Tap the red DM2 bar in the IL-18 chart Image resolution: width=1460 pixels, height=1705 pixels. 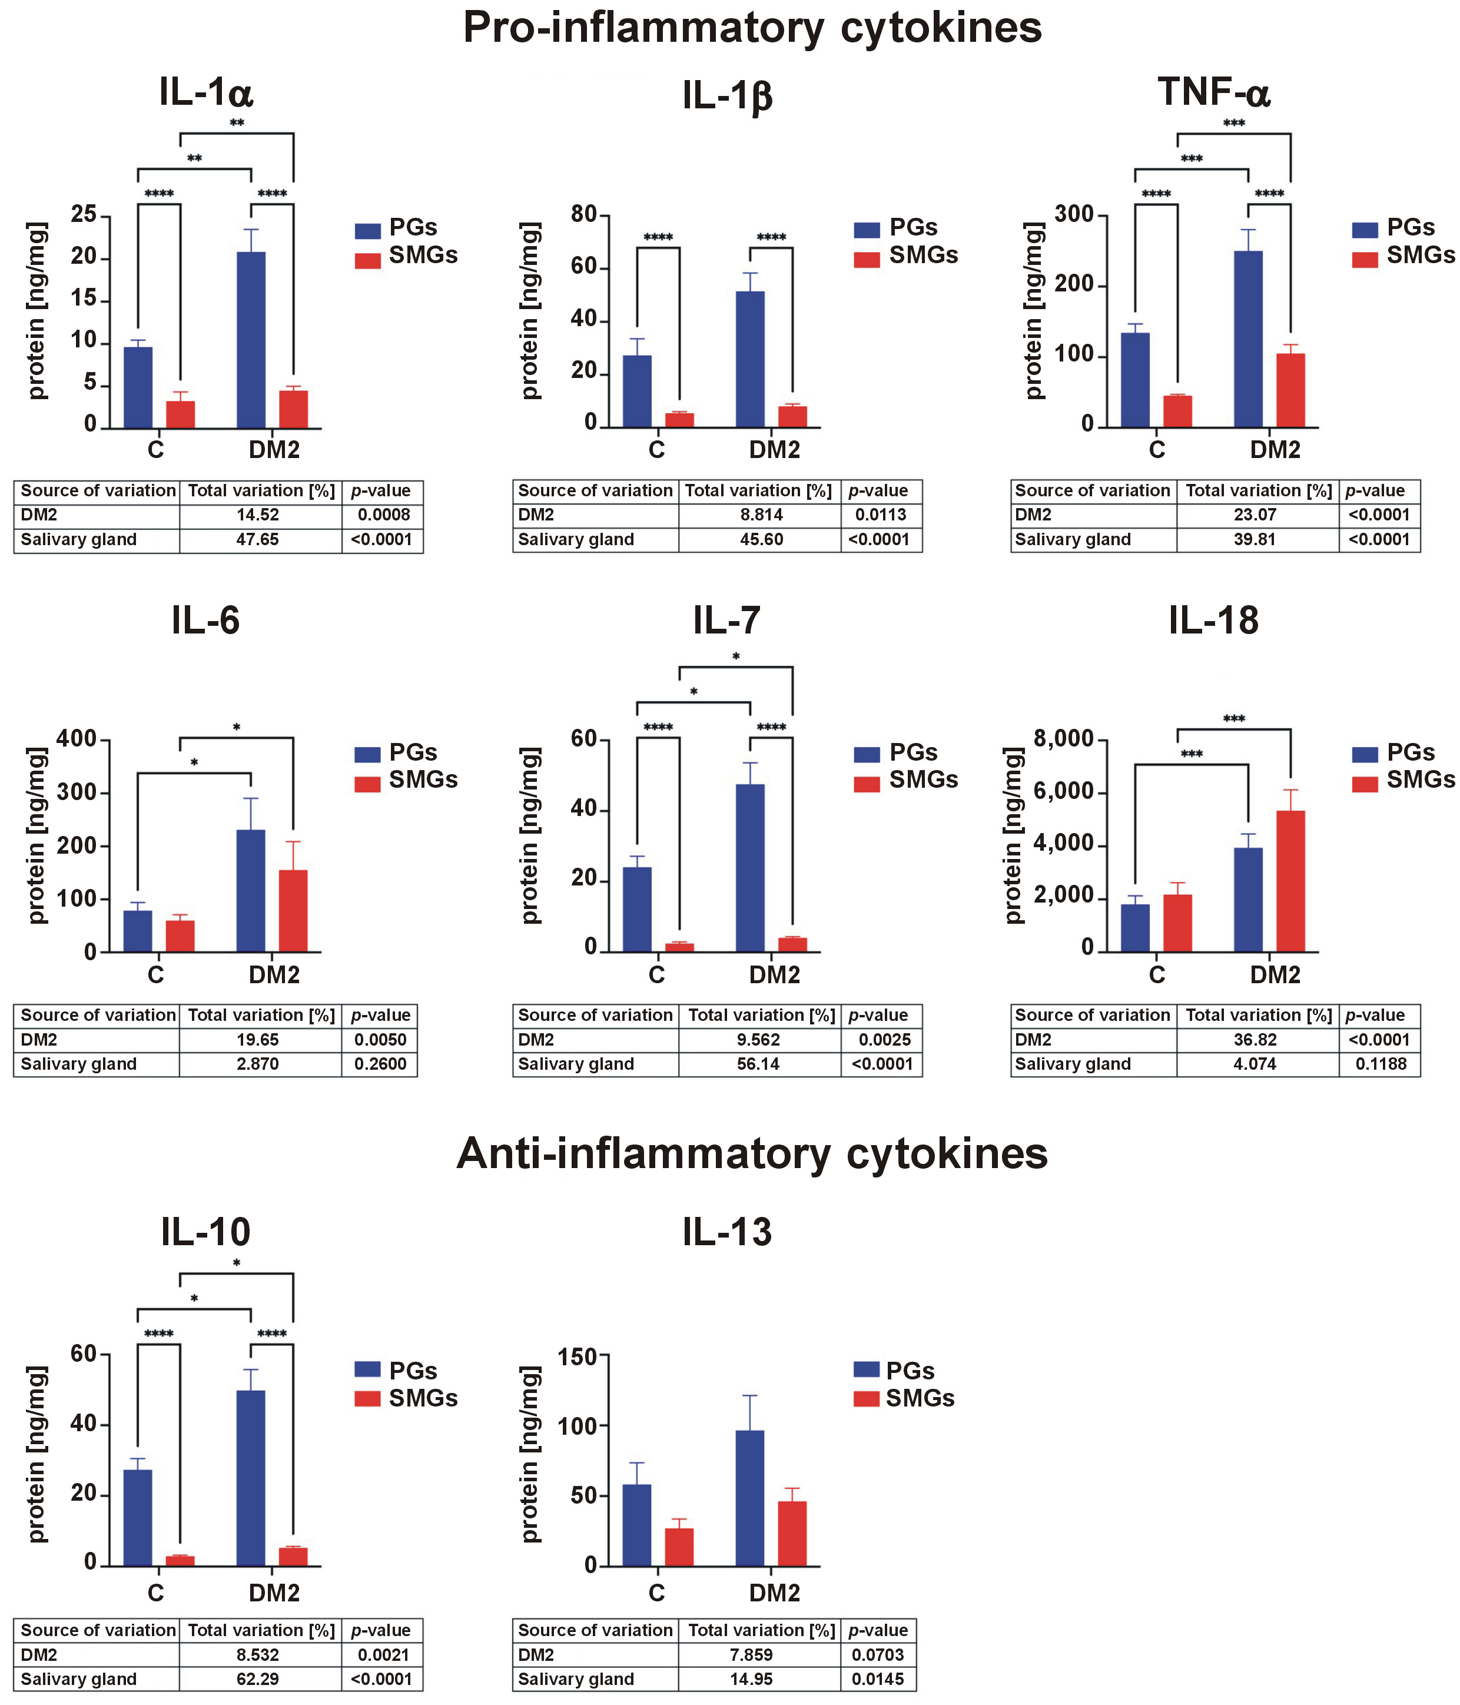coord(1290,881)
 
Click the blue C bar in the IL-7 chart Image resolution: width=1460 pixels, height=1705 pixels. coord(637,909)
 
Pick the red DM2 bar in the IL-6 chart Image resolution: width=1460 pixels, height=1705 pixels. coord(293,911)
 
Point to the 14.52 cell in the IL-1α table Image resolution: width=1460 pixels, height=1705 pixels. coord(258,515)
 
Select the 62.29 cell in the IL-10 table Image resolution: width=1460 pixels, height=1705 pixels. coord(258,1679)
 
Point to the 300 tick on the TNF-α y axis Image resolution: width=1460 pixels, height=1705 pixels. coord(1074,215)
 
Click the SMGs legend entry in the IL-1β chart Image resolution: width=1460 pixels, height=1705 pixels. coord(923,256)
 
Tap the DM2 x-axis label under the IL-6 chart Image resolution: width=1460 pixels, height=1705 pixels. coord(274,975)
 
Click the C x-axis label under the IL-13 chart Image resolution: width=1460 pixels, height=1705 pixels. coord(656,1593)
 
